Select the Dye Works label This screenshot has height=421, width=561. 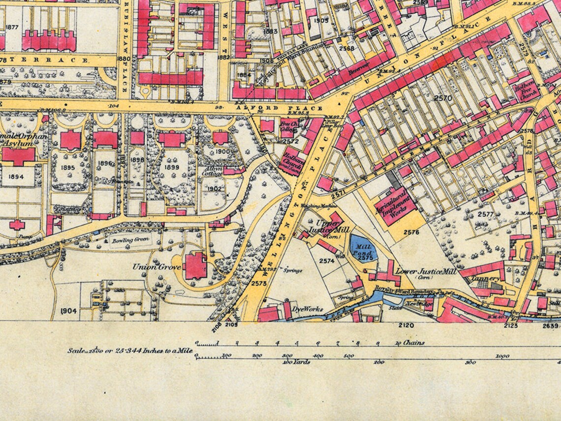tap(308, 309)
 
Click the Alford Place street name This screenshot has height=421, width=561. tap(280, 108)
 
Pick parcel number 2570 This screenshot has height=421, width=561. tap(443, 98)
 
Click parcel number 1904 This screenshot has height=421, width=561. tap(68, 311)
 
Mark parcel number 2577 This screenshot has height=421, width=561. tap(485, 214)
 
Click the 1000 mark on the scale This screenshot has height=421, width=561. tap(502, 356)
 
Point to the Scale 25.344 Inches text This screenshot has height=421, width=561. tap(130, 351)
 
